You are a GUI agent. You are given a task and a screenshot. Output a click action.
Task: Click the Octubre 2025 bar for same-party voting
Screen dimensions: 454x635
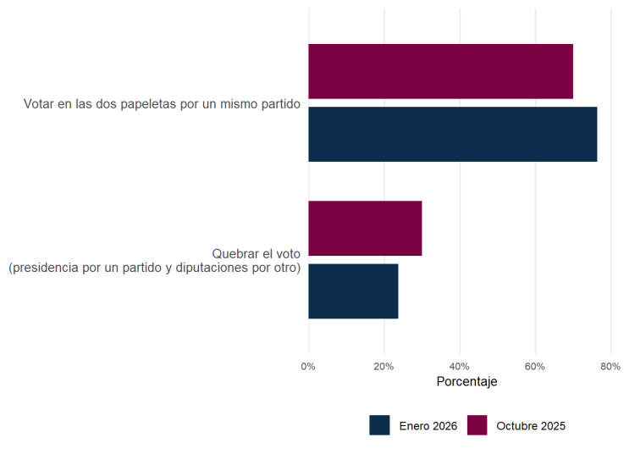(440, 71)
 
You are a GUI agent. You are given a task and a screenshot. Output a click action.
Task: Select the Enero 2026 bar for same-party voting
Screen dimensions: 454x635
(452, 134)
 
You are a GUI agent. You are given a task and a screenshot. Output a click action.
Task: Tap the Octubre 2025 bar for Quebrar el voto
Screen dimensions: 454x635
(365, 228)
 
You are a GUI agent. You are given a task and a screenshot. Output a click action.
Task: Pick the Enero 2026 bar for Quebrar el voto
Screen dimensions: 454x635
(353, 291)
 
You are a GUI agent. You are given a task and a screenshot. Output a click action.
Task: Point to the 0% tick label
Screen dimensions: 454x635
(308, 366)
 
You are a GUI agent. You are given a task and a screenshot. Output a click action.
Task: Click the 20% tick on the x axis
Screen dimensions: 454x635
(384, 366)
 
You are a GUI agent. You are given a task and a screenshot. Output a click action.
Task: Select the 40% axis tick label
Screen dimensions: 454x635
(460, 366)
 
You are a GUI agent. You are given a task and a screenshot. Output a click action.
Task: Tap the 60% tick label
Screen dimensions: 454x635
(535, 366)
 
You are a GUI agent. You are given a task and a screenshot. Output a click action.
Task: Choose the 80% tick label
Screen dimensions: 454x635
(610, 366)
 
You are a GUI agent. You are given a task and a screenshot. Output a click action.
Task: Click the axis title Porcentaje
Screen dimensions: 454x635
(467, 382)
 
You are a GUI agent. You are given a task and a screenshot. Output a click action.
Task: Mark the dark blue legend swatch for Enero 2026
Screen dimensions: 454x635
(379, 425)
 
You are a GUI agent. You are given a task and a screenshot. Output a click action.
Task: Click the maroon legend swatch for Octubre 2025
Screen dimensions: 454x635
(477, 425)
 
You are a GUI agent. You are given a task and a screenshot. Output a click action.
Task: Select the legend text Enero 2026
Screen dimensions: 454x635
(428, 426)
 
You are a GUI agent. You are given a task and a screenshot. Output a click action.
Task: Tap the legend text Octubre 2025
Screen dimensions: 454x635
(531, 426)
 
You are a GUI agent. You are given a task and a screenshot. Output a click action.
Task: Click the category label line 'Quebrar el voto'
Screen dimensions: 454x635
(256, 254)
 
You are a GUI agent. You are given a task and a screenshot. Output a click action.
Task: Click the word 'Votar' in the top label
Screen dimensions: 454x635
(39, 105)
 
